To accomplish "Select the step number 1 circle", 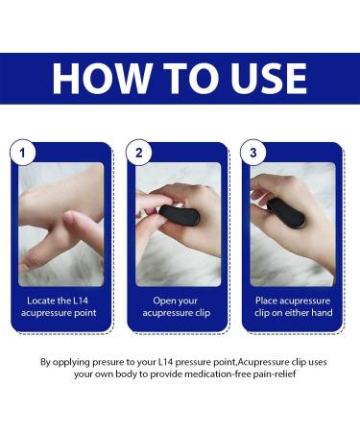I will (x=23, y=152).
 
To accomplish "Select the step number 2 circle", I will (x=140, y=152).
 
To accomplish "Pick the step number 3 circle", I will (x=254, y=152).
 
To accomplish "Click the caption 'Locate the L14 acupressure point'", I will (x=61, y=305).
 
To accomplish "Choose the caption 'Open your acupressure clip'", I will (x=179, y=305).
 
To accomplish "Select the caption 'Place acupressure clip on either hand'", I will (x=295, y=305).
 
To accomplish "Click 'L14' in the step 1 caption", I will (x=85, y=300).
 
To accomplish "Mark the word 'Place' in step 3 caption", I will (x=268, y=300).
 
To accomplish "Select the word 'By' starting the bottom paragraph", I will (x=45, y=362).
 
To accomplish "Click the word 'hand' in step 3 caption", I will (x=324, y=312).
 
